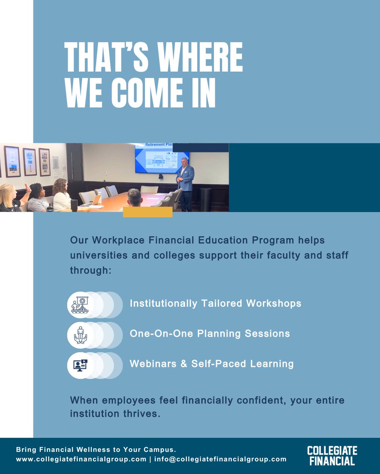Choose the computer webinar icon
click(x=80, y=365)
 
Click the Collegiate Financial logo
click(x=332, y=455)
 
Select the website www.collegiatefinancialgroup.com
click(x=81, y=459)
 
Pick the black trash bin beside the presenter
click(x=206, y=199)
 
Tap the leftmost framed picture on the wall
click(x=12, y=161)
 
